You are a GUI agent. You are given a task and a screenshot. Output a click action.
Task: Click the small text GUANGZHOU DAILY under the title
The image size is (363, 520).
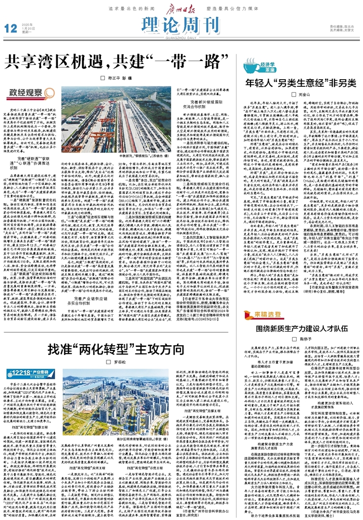point(181,37)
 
